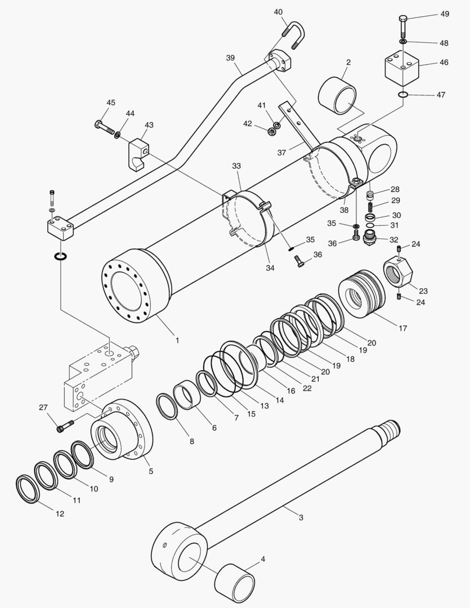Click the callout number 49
[x=444, y=15]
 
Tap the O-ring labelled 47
[x=402, y=94]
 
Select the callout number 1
[x=177, y=340]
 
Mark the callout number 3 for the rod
[x=301, y=517]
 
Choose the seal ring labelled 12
[x=27, y=489]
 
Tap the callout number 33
[x=236, y=166]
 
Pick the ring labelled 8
[x=167, y=406]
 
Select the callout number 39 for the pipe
[x=230, y=58]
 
